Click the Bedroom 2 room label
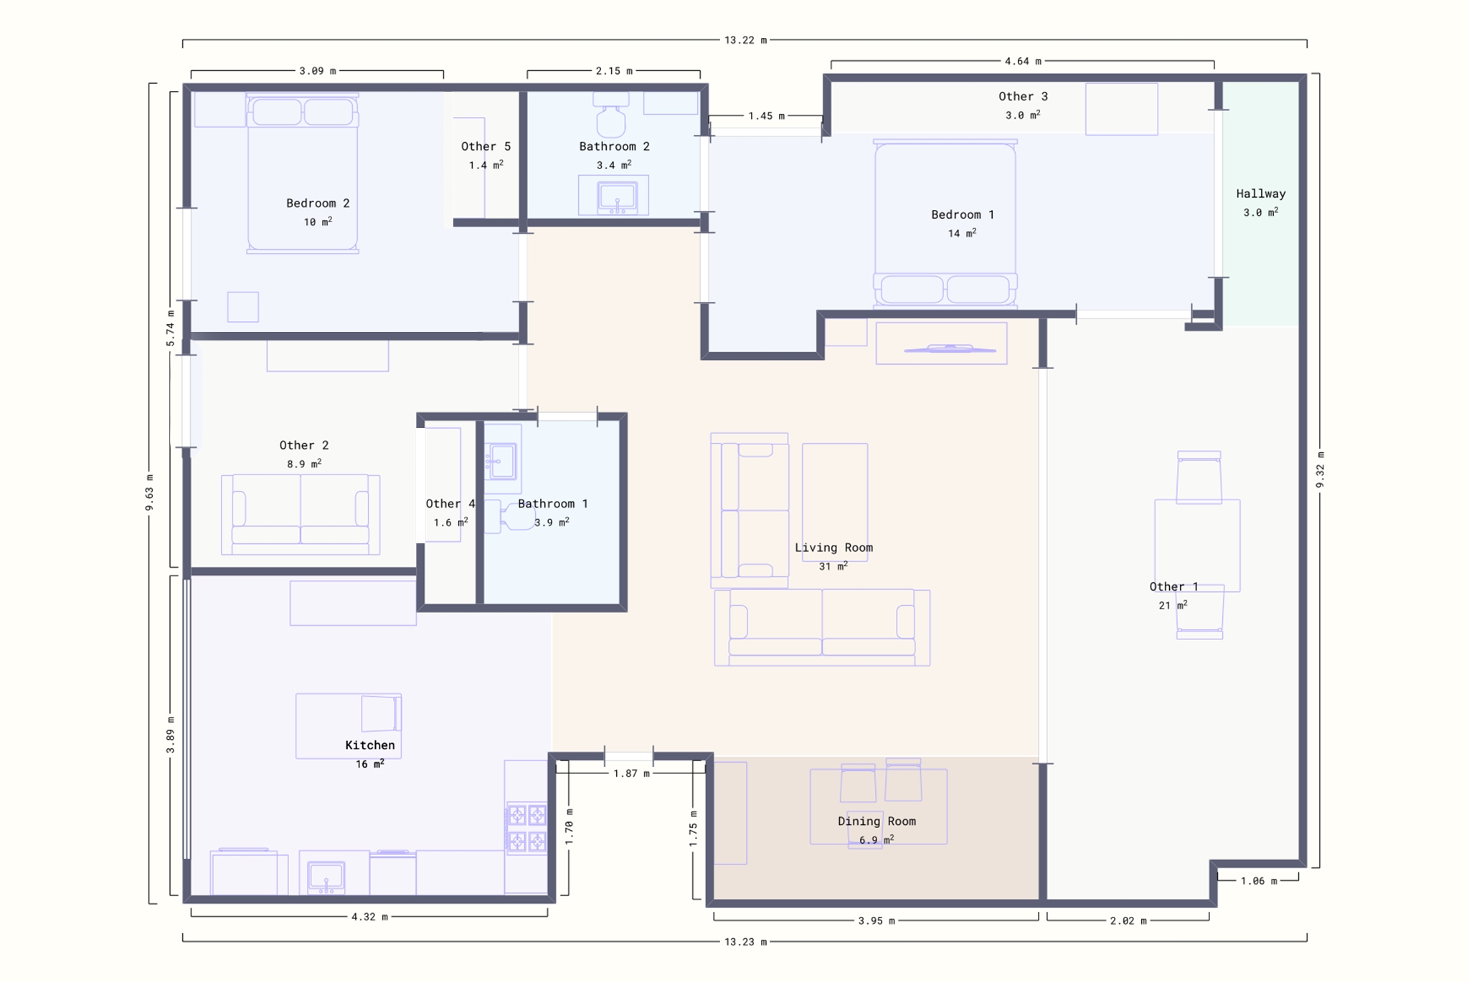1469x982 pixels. [318, 204]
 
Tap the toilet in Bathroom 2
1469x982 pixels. [611, 114]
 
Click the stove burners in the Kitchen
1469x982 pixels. [527, 828]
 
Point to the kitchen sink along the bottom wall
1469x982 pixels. [326, 877]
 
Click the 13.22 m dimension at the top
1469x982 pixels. [745, 40]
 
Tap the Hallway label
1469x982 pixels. [1260, 194]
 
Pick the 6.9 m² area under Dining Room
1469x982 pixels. [877, 840]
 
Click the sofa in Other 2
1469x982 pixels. [301, 514]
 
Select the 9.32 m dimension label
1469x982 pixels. [1320, 470]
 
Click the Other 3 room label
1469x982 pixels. [1023, 97]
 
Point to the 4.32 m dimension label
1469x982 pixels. [369, 917]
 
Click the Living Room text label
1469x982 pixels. [833, 548]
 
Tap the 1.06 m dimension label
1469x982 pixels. [1259, 881]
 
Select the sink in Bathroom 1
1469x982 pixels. [502, 460]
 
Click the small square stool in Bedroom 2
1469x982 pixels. [243, 307]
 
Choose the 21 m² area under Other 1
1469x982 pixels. [1173, 606]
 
